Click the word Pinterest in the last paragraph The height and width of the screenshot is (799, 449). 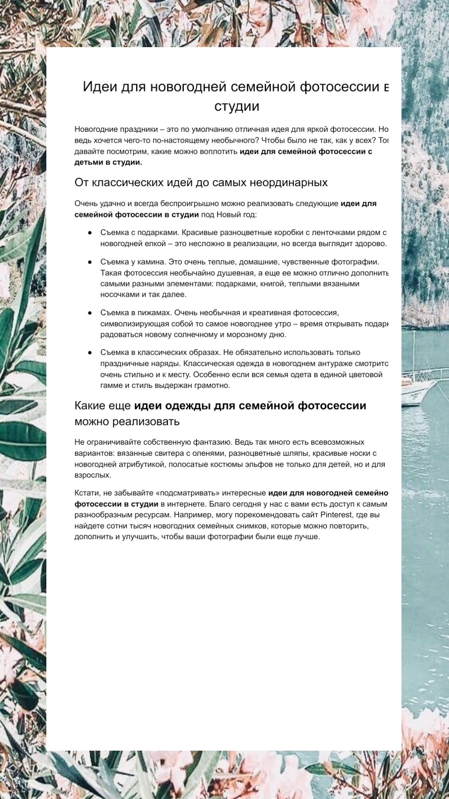(336, 515)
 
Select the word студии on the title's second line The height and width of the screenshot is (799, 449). (236, 106)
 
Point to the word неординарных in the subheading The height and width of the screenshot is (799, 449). (288, 183)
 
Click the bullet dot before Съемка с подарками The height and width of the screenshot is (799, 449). (90, 233)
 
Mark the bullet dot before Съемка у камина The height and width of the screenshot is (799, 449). (90, 262)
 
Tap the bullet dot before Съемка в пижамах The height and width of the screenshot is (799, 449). (90, 313)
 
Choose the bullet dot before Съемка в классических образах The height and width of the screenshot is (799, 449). (90, 353)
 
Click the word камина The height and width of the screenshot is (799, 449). (153, 262)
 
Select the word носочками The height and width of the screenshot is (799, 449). (117, 294)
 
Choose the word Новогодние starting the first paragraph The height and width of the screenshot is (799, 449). (96, 129)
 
